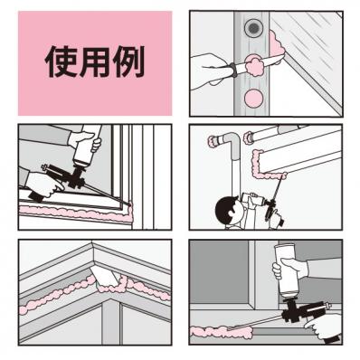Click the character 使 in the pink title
[61, 62]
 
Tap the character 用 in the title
[95, 62]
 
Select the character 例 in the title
[129, 62]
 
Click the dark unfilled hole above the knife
[252, 28]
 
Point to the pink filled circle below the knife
[253, 98]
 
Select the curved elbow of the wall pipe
[232, 142]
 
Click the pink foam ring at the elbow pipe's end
[213, 140]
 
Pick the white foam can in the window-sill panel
[88, 145]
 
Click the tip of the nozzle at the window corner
[131, 205]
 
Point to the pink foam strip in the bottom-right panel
[222, 331]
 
